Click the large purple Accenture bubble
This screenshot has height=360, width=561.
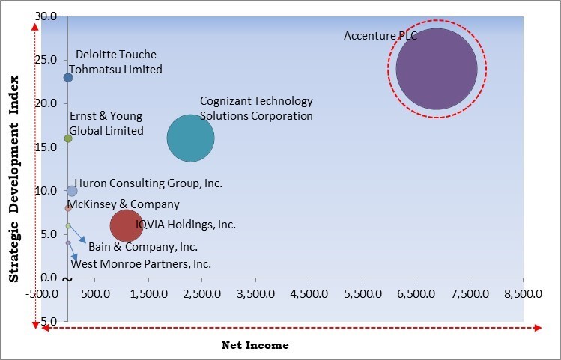[x=437, y=69]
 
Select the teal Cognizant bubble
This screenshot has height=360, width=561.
[x=190, y=138]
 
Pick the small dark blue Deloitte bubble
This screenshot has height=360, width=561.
[x=68, y=77]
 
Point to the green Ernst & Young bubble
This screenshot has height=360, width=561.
[x=68, y=138]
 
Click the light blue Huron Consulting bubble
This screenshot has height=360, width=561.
[x=71, y=191]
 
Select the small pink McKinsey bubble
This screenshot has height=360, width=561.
[x=68, y=208]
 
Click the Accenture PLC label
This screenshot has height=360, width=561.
[x=380, y=35]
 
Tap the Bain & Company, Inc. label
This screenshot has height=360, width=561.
[x=143, y=246]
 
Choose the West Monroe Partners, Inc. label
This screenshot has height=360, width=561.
[x=141, y=264]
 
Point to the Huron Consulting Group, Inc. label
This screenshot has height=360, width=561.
[x=148, y=183]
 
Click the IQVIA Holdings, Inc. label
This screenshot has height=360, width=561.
[x=186, y=224]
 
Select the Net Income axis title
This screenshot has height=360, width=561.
[x=255, y=345]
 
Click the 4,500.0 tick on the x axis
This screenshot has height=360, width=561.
[x=309, y=293]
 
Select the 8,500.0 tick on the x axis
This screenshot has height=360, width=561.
[x=522, y=293]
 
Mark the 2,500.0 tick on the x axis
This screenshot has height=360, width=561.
[x=202, y=293]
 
